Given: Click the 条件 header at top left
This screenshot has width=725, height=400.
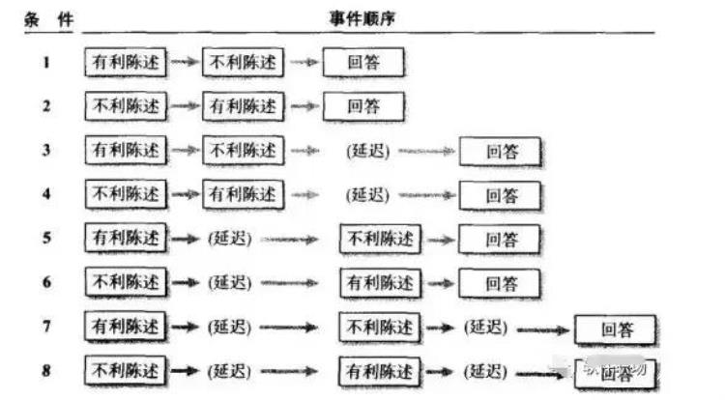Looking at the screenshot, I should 48,18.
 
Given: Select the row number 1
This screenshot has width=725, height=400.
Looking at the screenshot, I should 46,63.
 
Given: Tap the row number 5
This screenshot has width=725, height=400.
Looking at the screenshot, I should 46,238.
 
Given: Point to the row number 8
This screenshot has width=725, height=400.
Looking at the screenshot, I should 46,370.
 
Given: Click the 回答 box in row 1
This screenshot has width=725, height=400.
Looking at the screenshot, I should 363,63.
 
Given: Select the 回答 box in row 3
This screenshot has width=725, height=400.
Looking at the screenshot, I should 500,152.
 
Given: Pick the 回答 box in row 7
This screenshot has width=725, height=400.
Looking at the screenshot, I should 616,329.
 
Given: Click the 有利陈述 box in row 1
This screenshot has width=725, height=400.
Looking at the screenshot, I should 126,63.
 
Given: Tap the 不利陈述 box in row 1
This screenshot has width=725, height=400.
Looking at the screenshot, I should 243,63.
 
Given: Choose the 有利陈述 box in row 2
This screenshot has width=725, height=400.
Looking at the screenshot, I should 243,105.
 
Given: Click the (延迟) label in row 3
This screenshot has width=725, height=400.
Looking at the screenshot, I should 366,151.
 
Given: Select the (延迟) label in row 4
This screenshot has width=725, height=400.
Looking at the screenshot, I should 366,194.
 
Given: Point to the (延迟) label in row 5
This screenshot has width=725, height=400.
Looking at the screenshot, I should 229,238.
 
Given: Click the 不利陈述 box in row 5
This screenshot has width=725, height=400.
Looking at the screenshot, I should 380,238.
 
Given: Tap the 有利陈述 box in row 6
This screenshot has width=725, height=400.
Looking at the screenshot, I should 380,282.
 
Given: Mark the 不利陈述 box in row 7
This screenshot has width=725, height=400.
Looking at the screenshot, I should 380,327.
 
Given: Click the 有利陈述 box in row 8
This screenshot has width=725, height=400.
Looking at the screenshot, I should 380,370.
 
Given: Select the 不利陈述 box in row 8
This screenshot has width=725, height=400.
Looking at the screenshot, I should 126,370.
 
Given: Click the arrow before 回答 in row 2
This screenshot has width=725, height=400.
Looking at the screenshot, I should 304,106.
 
